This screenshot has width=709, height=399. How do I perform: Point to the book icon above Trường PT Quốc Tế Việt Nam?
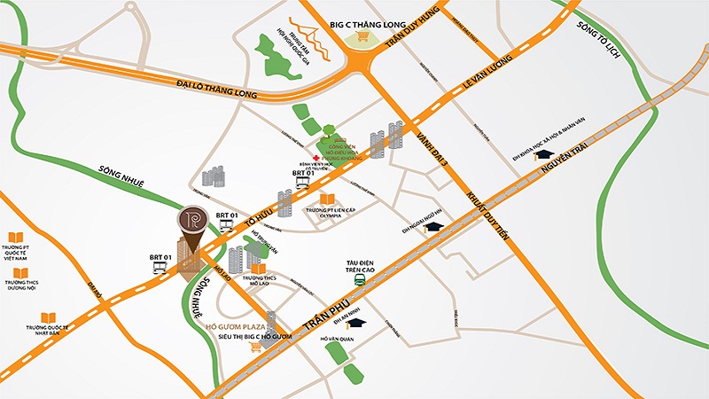[x=15, y=238]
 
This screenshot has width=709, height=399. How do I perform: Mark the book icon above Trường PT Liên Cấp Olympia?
[x=327, y=199]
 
